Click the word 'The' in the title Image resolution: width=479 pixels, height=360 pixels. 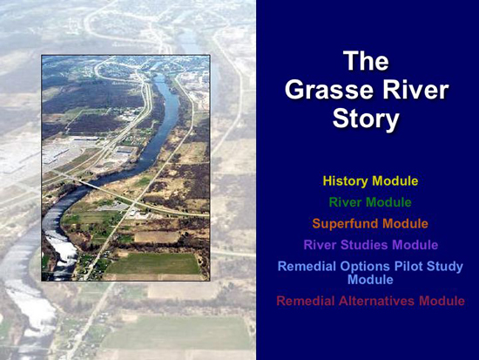[367, 61]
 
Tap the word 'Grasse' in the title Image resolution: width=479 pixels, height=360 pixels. [330, 90]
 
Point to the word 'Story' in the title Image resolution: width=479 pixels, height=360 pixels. [366, 119]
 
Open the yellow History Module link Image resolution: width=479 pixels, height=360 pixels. [370, 180]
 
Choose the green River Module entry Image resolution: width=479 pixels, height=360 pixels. [370, 202]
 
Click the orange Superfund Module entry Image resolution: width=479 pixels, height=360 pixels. [370, 224]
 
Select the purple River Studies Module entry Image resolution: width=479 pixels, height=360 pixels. [371, 245]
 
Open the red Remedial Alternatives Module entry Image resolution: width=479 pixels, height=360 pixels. [370, 301]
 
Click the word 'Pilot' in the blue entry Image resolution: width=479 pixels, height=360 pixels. [408, 267]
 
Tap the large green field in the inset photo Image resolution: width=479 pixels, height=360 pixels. [152, 263]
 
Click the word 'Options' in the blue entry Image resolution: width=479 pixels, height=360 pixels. [365, 267]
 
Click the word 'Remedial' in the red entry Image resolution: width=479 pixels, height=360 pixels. [306, 301]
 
